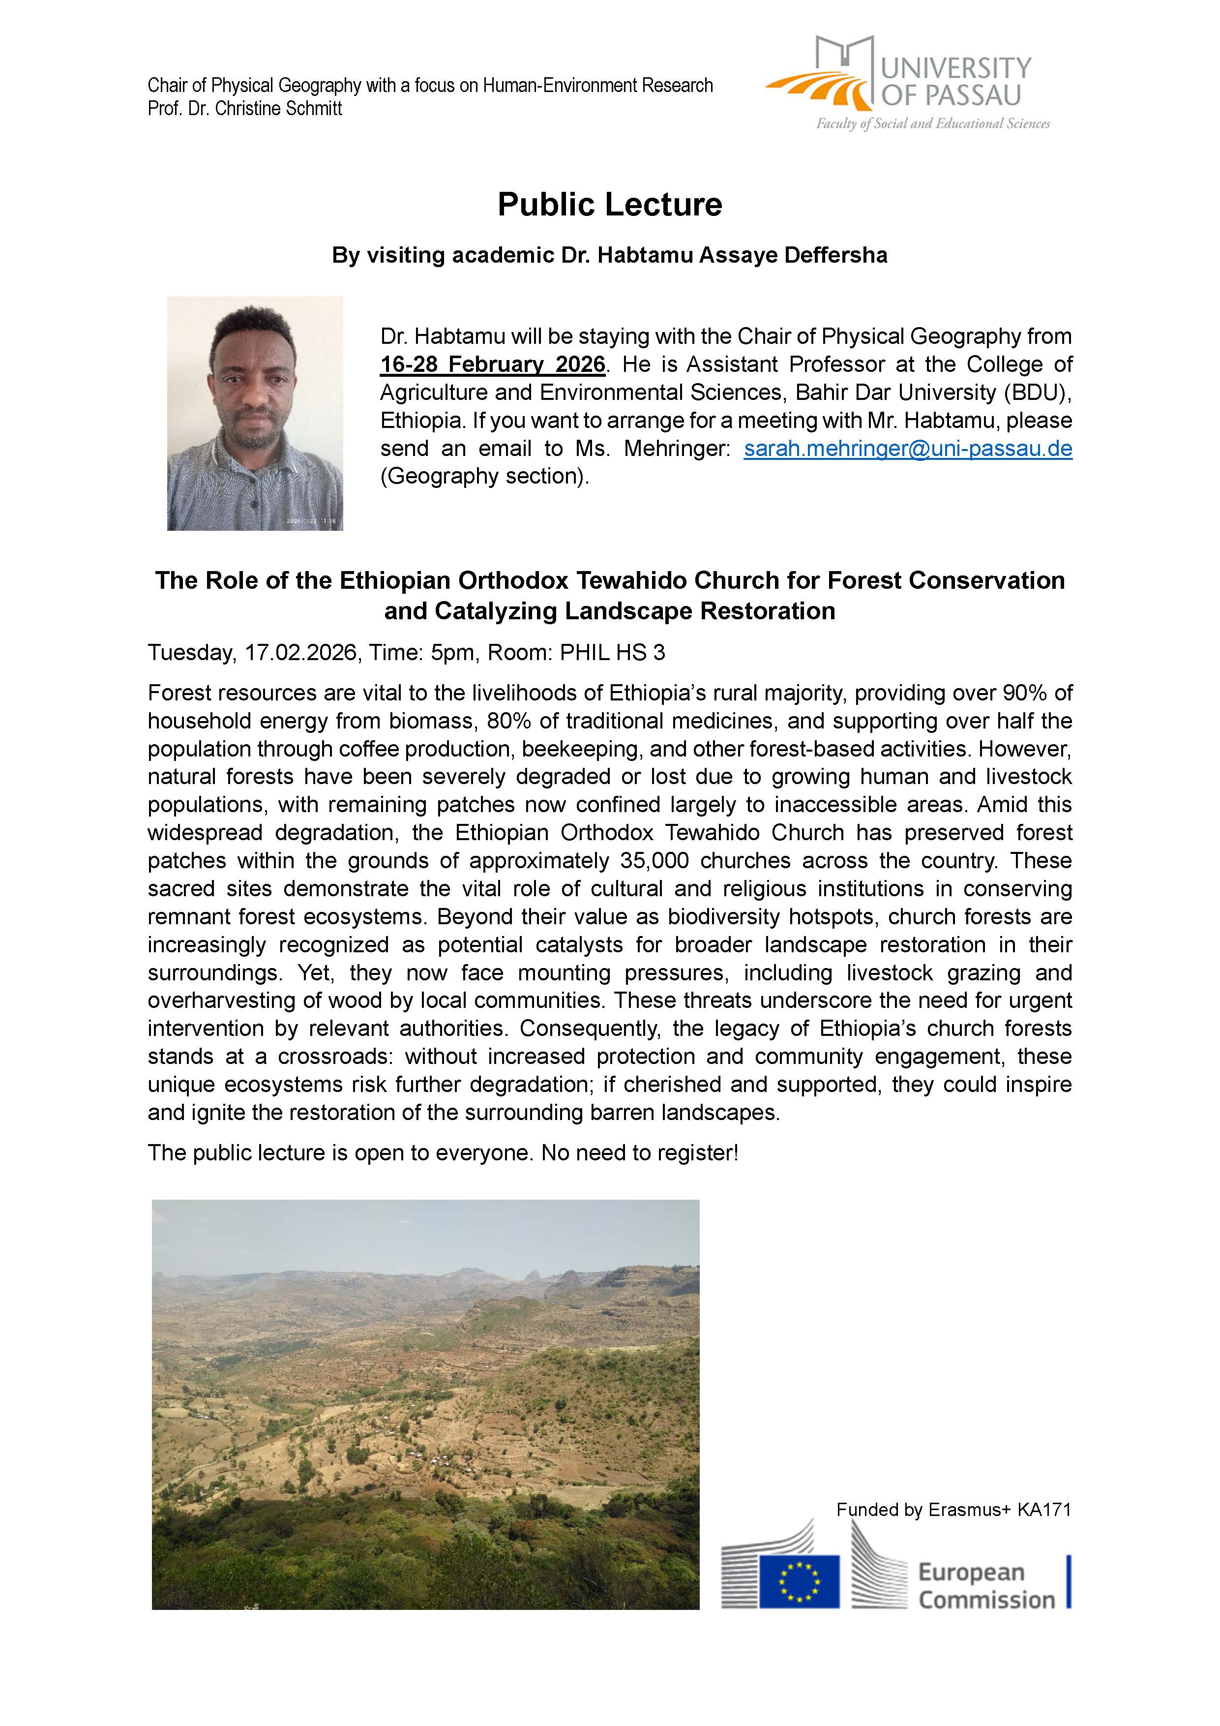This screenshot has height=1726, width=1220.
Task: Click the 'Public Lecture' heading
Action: (x=610, y=205)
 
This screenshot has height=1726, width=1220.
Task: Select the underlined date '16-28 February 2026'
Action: (x=492, y=364)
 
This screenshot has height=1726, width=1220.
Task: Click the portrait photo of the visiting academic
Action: (x=255, y=414)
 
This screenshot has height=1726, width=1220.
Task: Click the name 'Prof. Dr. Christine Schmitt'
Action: (x=245, y=109)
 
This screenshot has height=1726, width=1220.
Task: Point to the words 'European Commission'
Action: (x=985, y=1586)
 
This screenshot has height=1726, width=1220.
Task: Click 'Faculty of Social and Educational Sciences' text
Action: (x=933, y=124)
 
